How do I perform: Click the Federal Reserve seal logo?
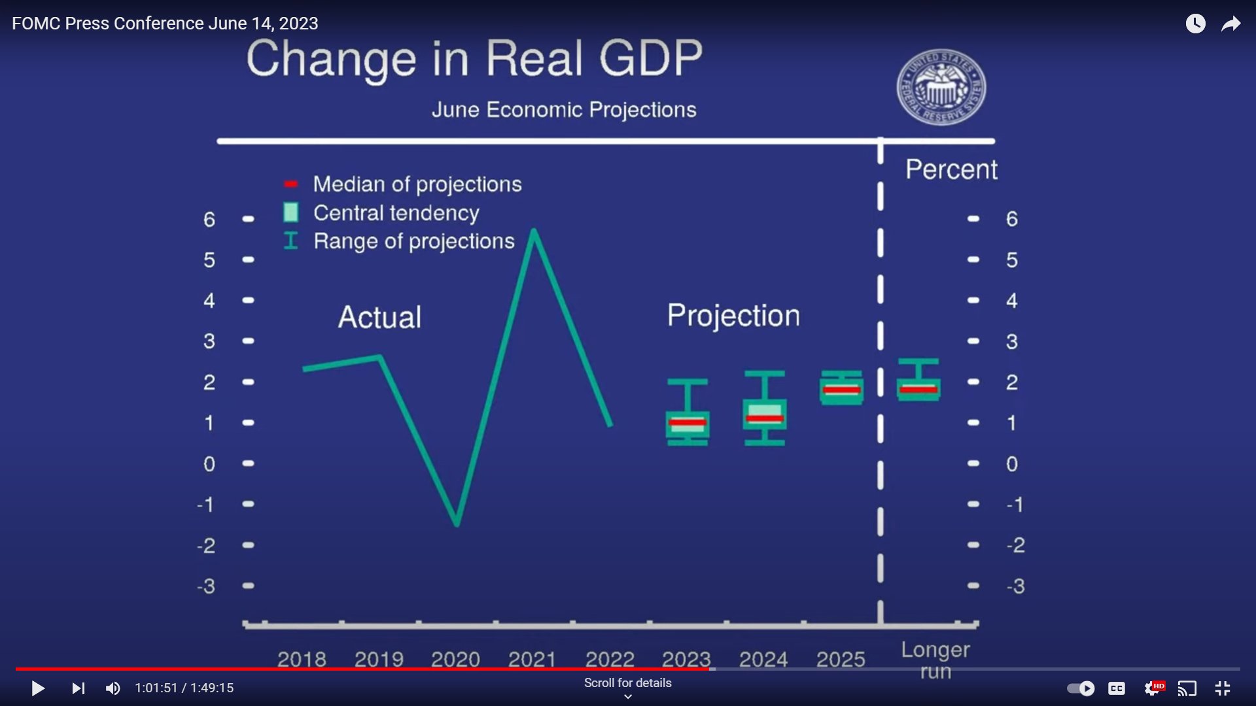pyautogui.click(x=941, y=88)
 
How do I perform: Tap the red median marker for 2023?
pyautogui.click(x=688, y=422)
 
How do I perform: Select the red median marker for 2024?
pyautogui.click(x=765, y=418)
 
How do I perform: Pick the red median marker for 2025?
pyautogui.click(x=841, y=390)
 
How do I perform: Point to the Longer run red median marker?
pyautogui.click(x=918, y=390)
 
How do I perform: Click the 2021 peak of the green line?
pyautogui.click(x=534, y=231)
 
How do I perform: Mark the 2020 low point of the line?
pyautogui.click(x=457, y=524)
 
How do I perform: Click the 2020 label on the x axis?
pyautogui.click(x=455, y=658)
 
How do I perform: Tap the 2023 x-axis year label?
pyautogui.click(x=686, y=658)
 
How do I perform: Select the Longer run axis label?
pyautogui.click(x=935, y=660)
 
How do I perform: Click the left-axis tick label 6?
pyautogui.click(x=209, y=219)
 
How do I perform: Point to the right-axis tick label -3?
pyautogui.click(x=1015, y=586)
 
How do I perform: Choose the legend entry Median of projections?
pyautogui.click(x=417, y=184)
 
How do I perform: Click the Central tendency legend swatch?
pyautogui.click(x=291, y=212)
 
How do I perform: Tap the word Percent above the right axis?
pyautogui.click(x=951, y=169)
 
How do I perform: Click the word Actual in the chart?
pyautogui.click(x=379, y=317)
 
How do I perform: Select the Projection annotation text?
pyautogui.click(x=733, y=316)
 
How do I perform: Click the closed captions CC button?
pyautogui.click(x=1116, y=688)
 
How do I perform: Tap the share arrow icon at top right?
pyautogui.click(x=1230, y=24)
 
